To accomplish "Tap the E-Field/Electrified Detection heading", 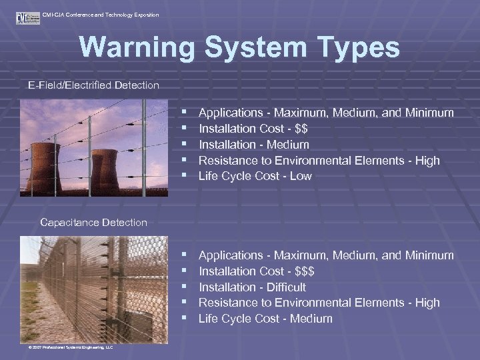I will point(93,85).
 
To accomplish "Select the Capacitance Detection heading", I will point(93,223).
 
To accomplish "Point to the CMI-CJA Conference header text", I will point(100,15).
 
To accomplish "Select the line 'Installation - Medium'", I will point(254,145).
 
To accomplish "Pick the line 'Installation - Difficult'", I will point(253,287).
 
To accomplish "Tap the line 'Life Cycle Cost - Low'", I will point(255,177).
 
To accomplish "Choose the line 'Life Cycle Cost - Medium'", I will point(265,319).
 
